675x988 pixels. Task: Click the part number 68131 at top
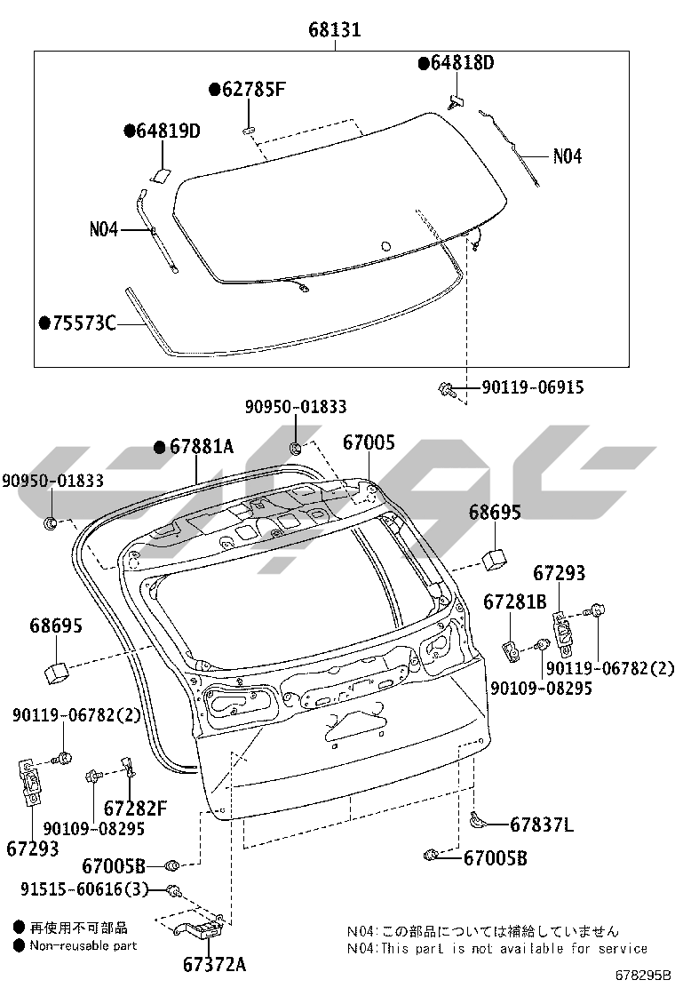click(x=334, y=29)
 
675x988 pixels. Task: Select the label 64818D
click(x=462, y=63)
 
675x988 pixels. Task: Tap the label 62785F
click(x=253, y=90)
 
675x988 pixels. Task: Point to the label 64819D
click(x=168, y=131)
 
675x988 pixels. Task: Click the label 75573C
click(x=83, y=323)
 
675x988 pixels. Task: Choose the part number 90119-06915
click(x=533, y=386)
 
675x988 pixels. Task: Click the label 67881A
click(x=202, y=447)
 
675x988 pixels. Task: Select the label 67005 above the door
click(x=369, y=442)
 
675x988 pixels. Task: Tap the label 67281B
click(x=515, y=602)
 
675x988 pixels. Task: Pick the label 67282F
click(x=135, y=808)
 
